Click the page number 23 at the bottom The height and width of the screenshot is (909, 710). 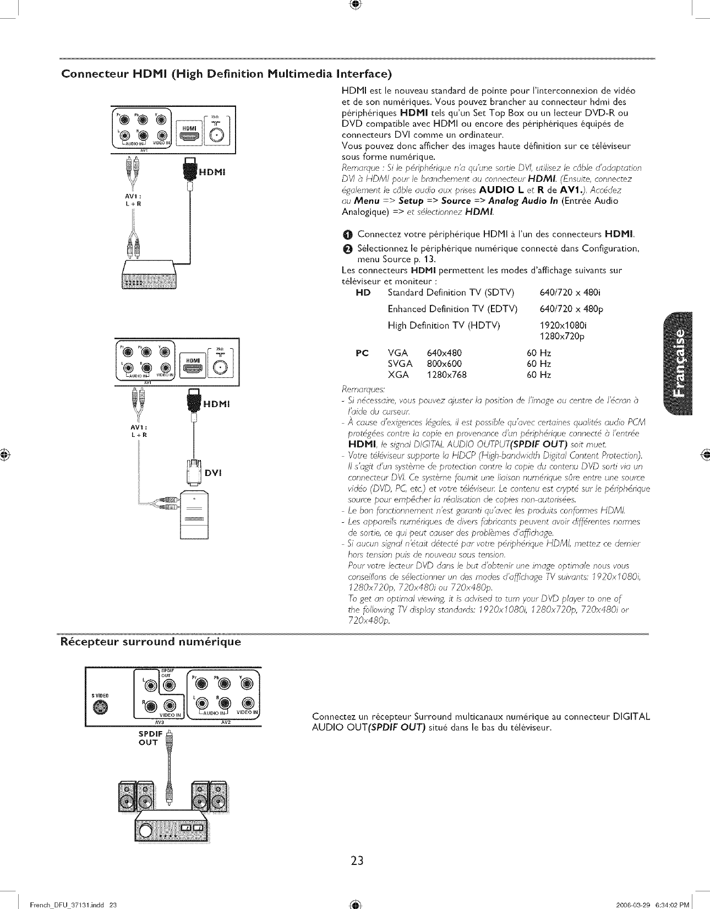pyautogui.click(x=357, y=860)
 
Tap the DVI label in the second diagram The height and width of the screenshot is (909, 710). pyautogui.click(x=213, y=472)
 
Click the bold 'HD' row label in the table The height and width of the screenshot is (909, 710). pyautogui.click(x=363, y=292)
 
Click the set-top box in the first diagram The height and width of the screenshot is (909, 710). pyautogui.click(x=150, y=274)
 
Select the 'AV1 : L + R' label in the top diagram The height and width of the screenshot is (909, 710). pyautogui.click(x=135, y=199)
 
